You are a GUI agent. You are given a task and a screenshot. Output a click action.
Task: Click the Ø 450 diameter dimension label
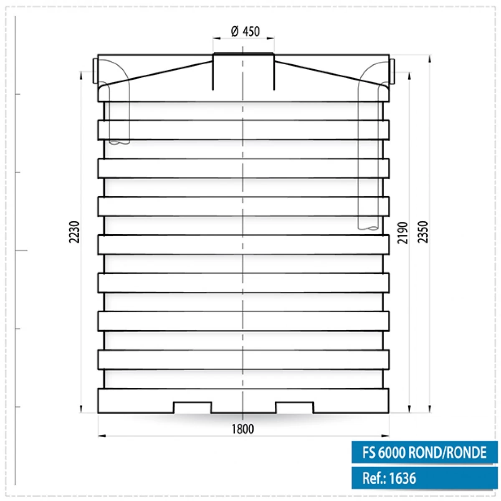point(245,31)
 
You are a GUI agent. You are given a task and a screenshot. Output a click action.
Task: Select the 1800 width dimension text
point(243,429)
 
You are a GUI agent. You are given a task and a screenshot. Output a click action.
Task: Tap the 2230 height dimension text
point(74,232)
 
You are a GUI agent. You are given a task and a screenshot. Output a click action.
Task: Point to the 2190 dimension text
point(402,233)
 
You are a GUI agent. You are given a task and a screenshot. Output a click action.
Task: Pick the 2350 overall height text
point(423,232)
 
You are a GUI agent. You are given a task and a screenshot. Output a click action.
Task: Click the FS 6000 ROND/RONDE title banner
point(424,453)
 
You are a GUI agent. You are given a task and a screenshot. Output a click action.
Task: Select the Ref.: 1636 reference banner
point(424,478)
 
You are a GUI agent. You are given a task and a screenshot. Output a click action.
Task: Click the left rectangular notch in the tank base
point(192,407)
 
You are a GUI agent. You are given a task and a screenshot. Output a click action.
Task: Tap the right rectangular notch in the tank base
point(295,407)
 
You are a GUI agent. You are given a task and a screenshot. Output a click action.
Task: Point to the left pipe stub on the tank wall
point(95,71)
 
